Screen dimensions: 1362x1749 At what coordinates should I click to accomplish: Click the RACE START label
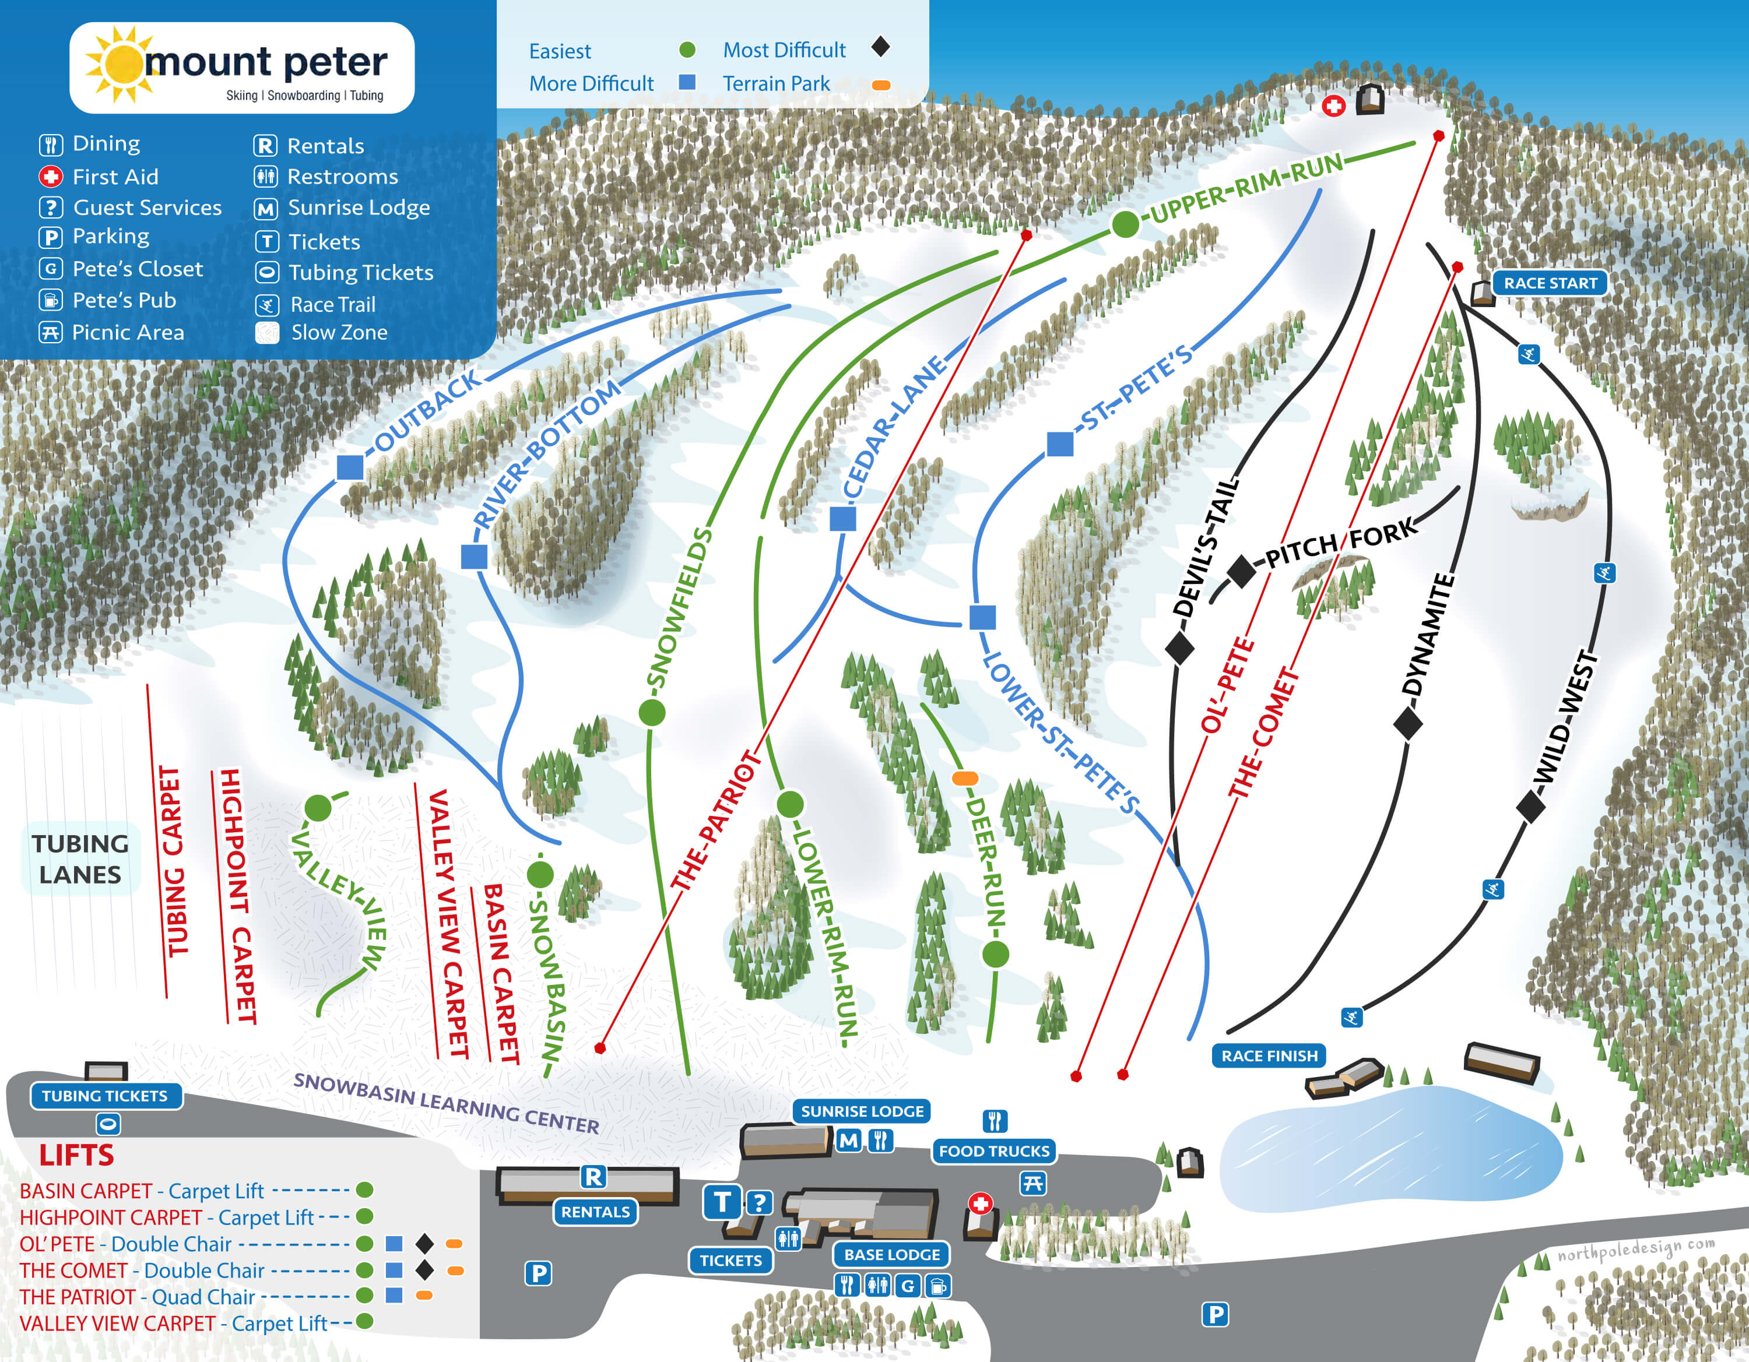click(x=1550, y=283)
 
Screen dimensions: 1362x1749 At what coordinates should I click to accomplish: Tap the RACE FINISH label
click(x=1269, y=1055)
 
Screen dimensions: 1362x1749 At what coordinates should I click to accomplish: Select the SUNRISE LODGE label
click(x=862, y=1111)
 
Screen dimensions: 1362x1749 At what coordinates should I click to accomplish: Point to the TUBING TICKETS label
click(x=105, y=1095)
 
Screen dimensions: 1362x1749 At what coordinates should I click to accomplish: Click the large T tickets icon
click(x=722, y=1202)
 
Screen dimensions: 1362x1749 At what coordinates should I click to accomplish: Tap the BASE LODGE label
click(x=891, y=1254)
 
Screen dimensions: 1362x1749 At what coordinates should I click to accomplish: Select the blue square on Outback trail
click(x=350, y=467)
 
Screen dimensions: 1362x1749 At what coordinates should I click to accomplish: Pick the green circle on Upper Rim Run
click(x=1125, y=225)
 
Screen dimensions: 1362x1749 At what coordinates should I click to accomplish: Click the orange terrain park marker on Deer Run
click(x=965, y=777)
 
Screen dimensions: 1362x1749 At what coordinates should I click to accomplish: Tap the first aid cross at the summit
click(x=1333, y=105)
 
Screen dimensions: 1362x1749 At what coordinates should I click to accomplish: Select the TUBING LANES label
click(x=80, y=858)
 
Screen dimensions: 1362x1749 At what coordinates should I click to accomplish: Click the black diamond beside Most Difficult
click(x=880, y=47)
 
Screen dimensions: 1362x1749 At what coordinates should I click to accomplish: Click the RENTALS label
click(x=595, y=1212)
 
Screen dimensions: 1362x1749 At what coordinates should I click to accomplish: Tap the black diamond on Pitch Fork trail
click(x=1241, y=571)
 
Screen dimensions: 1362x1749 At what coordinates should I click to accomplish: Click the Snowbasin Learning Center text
click(x=446, y=1103)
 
